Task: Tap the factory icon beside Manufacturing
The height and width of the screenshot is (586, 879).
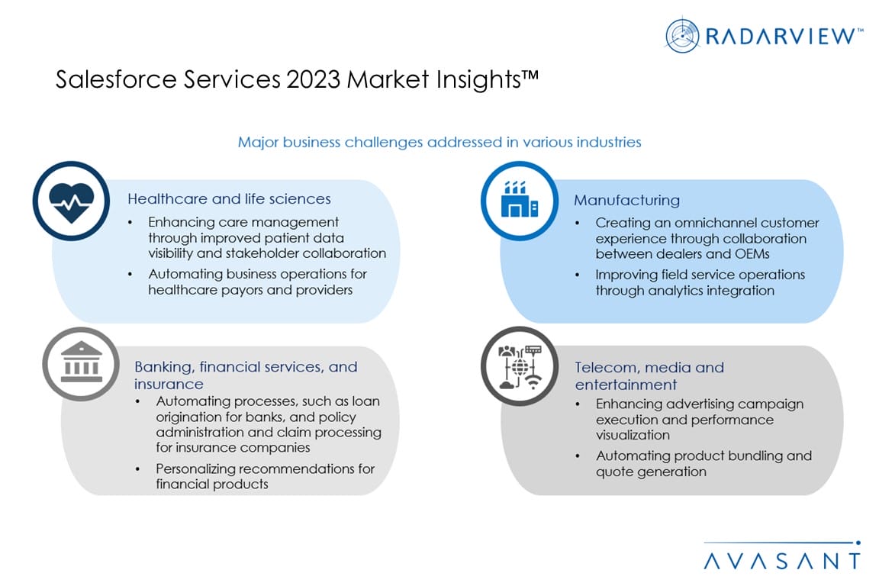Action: [520, 200]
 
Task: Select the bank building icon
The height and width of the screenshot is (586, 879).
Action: [82, 362]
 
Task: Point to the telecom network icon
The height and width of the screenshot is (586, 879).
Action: [520, 367]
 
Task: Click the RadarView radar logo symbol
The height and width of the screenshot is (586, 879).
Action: [682, 35]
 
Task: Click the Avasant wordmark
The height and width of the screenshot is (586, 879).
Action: [782, 560]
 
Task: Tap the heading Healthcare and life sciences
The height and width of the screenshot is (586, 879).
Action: [229, 198]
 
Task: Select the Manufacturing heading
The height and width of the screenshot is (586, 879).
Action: [626, 200]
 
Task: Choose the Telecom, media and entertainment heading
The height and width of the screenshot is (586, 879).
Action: [649, 375]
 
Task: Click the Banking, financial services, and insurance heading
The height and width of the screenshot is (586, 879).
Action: [246, 375]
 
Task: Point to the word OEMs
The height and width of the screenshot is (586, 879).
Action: [752, 254]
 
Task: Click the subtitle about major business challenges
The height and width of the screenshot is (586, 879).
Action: [439, 142]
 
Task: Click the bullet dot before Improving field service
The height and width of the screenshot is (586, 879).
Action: [578, 275]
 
